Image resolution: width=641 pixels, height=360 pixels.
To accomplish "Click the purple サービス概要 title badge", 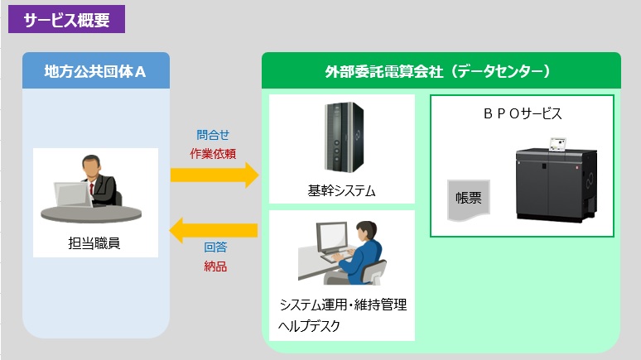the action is coord(66,19).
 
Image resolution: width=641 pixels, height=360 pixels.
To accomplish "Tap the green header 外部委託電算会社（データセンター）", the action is coord(441,70).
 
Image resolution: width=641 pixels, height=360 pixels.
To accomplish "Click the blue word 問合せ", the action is coord(213,135).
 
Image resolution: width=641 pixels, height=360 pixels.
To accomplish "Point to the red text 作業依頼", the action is coord(213,154).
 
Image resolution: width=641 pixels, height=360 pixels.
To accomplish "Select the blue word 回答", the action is coord(215,247).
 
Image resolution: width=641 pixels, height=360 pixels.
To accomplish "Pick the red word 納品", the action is coord(215,266).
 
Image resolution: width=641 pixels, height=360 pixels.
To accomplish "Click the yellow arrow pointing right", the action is coord(214,175).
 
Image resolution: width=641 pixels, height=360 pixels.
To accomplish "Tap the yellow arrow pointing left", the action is coord(214,230).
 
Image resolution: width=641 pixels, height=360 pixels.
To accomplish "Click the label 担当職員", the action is coord(94,243).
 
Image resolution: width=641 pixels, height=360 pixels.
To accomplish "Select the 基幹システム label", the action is coord(341,190).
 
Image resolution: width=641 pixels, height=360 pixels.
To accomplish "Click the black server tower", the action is coord(344,137).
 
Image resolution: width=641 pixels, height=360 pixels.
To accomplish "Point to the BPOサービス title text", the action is coord(523,113).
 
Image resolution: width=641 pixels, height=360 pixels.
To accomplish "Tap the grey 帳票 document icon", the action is coord(469,199).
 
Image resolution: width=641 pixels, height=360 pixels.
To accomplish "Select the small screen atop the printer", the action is coord(558,145).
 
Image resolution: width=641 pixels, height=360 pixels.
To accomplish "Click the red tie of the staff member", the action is coord(92,190).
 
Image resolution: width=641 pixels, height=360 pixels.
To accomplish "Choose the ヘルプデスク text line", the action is coord(309,326).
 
